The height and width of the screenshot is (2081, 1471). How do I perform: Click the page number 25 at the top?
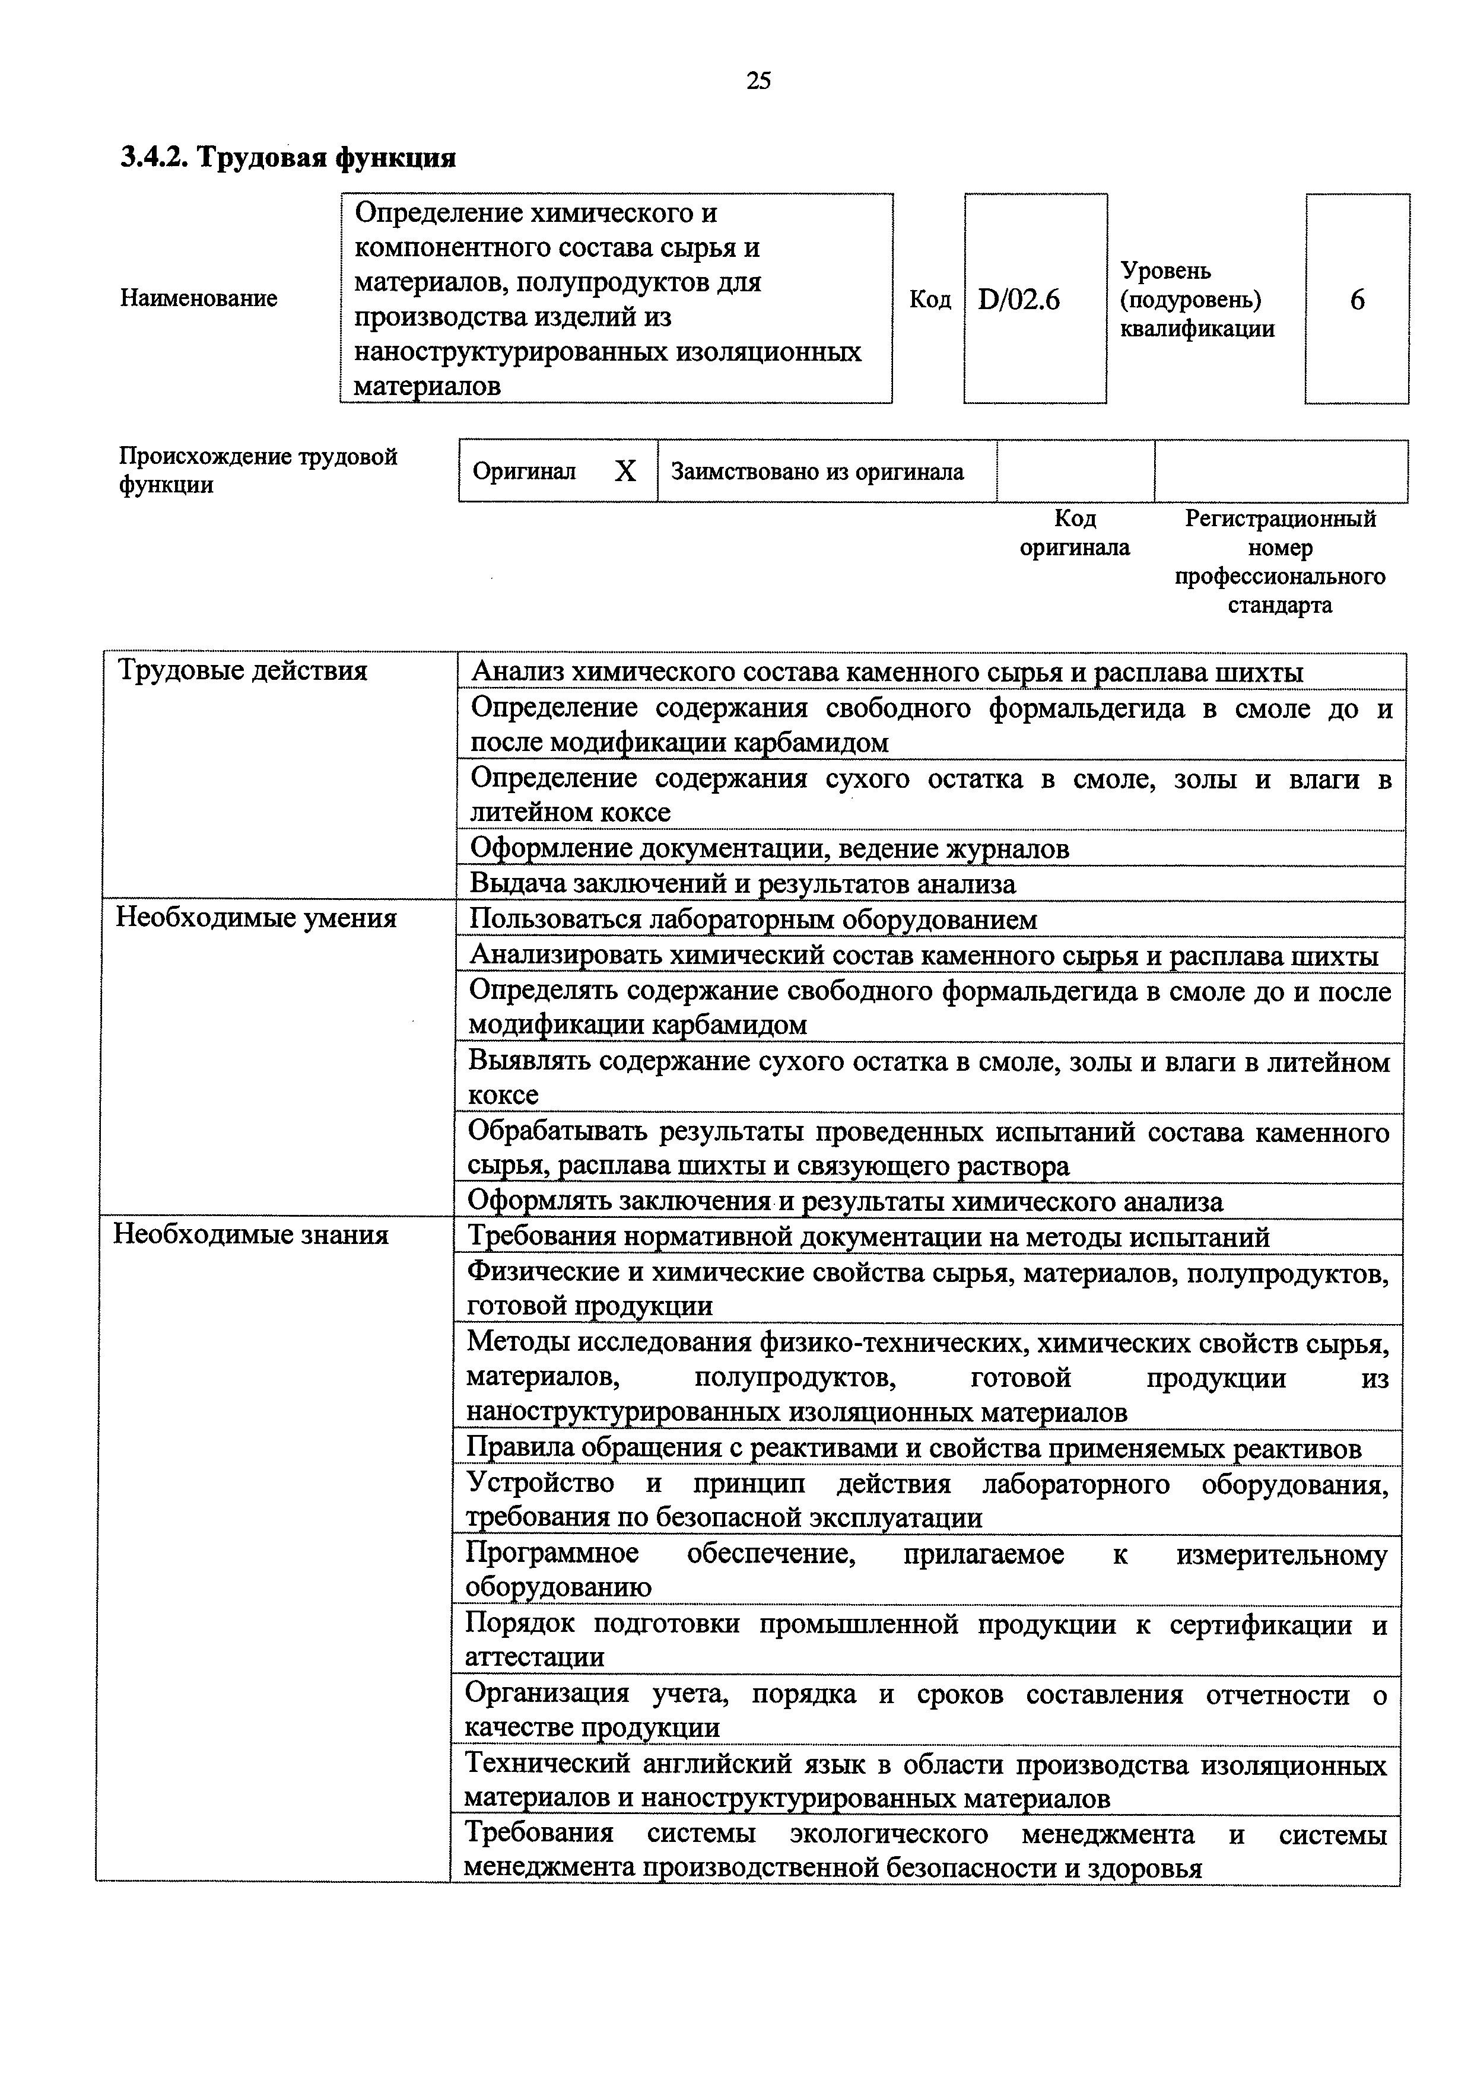pos(758,82)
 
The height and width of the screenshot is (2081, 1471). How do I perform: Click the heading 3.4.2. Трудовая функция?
pos(288,158)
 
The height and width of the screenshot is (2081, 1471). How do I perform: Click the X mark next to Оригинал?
pos(625,471)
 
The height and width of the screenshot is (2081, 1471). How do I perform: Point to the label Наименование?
pos(199,298)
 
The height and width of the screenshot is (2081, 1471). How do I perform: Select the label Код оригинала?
pos(1075,533)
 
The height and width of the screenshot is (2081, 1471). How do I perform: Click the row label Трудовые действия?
pos(243,671)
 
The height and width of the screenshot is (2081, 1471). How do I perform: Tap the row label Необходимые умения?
pos(256,918)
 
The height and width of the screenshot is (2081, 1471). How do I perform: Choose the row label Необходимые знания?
pos(250,1234)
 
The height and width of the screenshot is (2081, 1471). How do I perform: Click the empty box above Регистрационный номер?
pos(1280,471)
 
